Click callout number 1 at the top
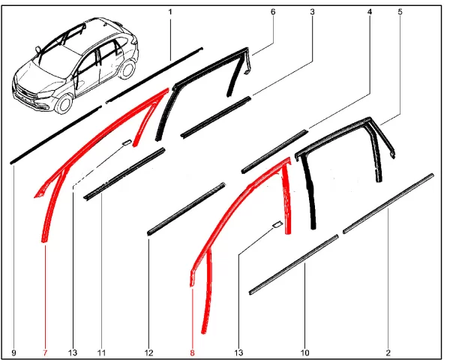click(x=170, y=12)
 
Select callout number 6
click(x=273, y=12)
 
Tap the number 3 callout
click(x=312, y=12)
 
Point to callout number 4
click(x=370, y=12)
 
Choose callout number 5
click(x=400, y=12)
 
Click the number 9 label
click(x=14, y=352)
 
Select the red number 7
click(x=45, y=352)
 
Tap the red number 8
click(x=192, y=352)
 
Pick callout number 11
click(x=101, y=352)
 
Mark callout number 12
click(x=149, y=352)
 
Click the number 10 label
click(x=304, y=352)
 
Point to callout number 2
click(x=388, y=352)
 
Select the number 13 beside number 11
click(x=73, y=352)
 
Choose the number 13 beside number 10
click(x=238, y=352)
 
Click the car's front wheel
click(x=64, y=103)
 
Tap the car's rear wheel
click(x=127, y=70)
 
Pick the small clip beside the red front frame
click(x=127, y=142)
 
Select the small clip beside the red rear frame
click(x=277, y=224)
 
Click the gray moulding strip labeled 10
click(x=293, y=265)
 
